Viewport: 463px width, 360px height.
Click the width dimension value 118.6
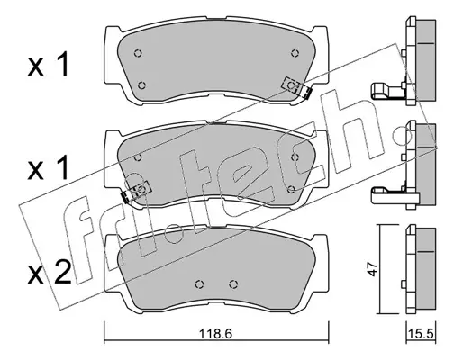pos(215,334)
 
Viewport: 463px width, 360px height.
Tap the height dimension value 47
pos(372,269)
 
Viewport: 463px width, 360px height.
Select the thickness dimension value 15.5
pos(421,334)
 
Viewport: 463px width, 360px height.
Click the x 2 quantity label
pos(50,272)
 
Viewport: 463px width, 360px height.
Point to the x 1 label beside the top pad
pos(49,64)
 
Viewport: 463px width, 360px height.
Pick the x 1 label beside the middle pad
pos(49,167)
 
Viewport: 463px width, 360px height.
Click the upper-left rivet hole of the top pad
pos(138,53)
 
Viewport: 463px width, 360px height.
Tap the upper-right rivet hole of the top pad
pos(295,53)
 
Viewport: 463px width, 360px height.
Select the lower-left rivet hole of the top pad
pos(141,85)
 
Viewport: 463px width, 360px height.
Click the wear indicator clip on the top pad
pos(296,87)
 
